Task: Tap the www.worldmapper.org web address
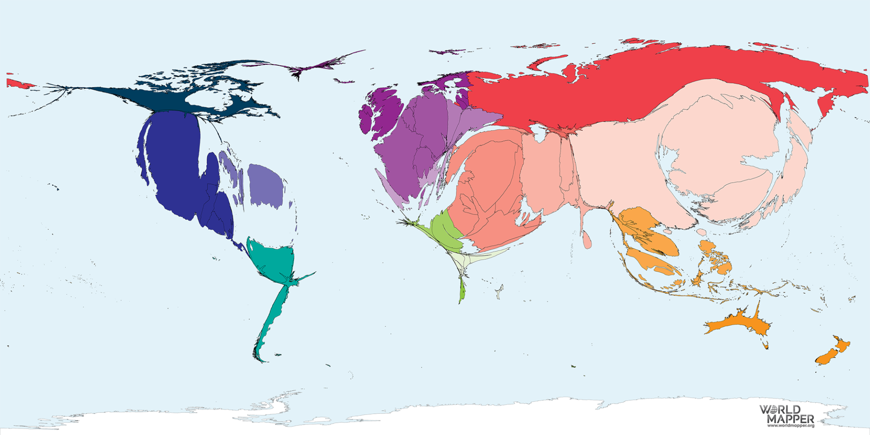(x=790, y=425)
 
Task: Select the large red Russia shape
(x=634, y=86)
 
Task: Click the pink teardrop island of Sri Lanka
(x=587, y=240)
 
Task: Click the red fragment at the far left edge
(x=18, y=83)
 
